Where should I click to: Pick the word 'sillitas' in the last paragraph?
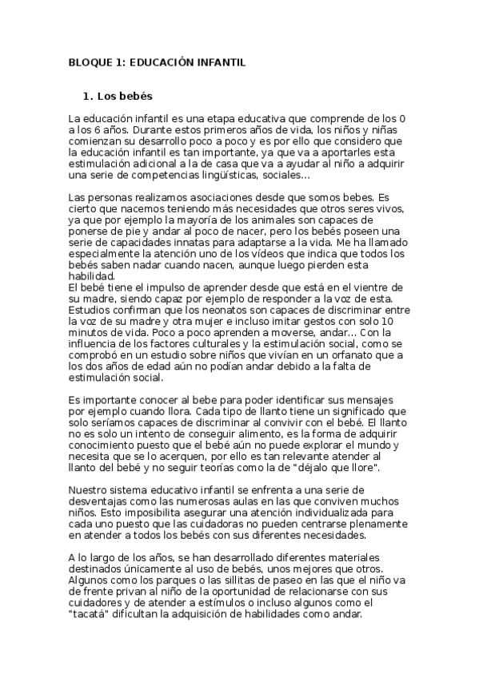click(238, 582)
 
